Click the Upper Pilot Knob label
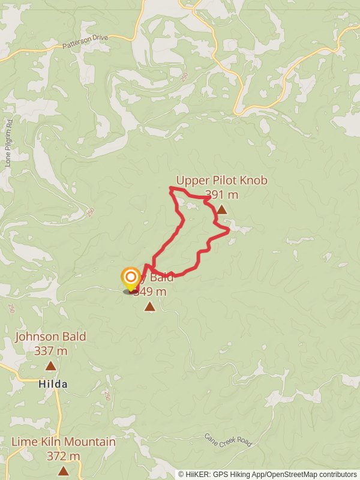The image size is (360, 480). tap(221, 181)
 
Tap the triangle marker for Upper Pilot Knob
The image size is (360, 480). tap(221, 209)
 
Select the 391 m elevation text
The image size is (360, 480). tap(221, 194)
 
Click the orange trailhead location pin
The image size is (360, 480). tap(130, 278)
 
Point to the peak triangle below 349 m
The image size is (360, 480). tap(149, 307)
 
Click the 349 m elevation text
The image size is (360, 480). tap(149, 292)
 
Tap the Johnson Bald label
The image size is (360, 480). tap(50, 337)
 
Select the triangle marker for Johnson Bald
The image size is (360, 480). tap(51, 365)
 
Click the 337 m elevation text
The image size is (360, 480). tap(51, 350)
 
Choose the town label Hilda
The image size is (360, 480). tap(53, 384)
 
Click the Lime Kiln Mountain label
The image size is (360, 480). tap(64, 442)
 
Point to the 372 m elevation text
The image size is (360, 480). tap(64, 456)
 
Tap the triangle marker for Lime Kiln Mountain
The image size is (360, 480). tap(63, 471)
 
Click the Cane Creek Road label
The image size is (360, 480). tap(229, 440)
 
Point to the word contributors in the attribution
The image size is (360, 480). tap(338, 475)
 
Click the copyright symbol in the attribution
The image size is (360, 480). tap(181, 475)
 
